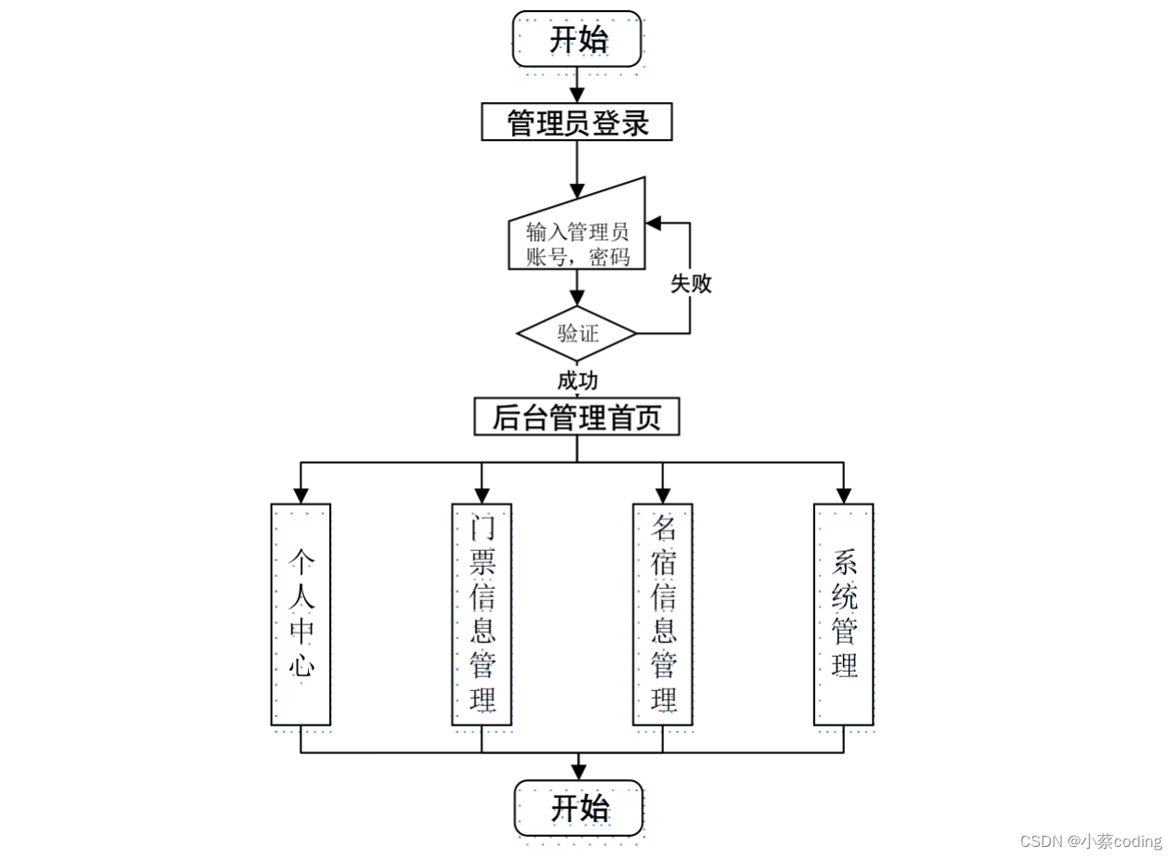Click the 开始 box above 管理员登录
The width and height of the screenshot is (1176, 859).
coord(577,39)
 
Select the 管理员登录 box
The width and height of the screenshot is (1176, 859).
coord(577,122)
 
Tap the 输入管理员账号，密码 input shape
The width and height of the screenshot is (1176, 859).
coord(577,239)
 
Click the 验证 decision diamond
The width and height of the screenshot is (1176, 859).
coord(577,333)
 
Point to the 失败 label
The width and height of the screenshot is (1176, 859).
coord(691,284)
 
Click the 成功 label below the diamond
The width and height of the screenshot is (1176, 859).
coord(577,380)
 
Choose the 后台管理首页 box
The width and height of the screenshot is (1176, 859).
coord(577,417)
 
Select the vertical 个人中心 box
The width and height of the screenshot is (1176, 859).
coord(300,614)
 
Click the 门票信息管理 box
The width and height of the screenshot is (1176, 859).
coord(481,614)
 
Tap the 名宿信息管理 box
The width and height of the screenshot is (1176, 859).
coord(662,614)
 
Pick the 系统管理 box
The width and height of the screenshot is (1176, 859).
coord(843,614)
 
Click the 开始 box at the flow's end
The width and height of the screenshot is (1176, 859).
coord(579,808)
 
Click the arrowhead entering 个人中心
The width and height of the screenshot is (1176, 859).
coord(300,496)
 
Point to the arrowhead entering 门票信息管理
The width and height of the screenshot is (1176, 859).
coord(481,496)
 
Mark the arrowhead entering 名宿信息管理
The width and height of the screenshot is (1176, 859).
coord(662,496)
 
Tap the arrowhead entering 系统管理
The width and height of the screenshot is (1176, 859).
coord(843,496)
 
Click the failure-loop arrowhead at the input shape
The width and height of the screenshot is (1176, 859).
coord(653,224)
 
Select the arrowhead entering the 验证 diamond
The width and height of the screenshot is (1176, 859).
coord(577,299)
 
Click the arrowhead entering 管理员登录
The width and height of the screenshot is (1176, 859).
coord(577,96)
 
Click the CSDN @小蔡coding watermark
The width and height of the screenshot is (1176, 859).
coord(1091,841)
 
